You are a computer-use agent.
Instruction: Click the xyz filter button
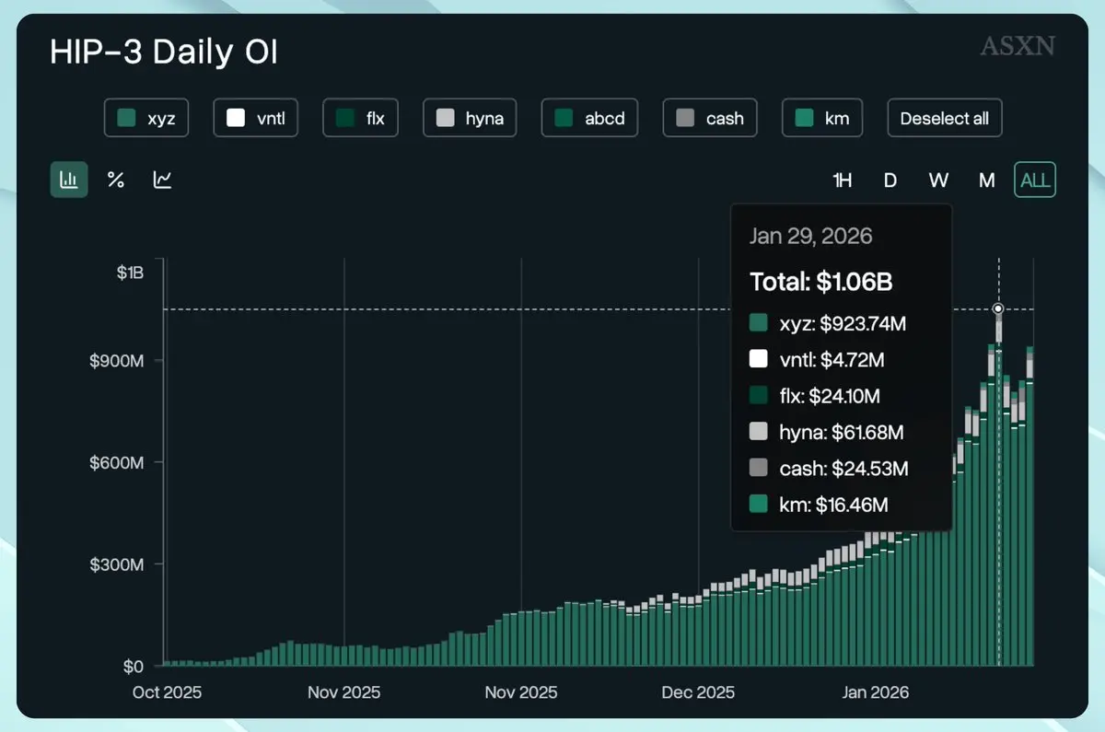click(x=146, y=118)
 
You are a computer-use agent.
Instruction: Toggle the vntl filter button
click(x=255, y=118)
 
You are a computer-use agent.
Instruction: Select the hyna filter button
click(x=470, y=118)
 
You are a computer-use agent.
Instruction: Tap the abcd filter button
click(x=590, y=118)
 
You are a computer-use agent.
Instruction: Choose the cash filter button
click(x=710, y=118)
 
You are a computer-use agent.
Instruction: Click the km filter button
click(x=822, y=118)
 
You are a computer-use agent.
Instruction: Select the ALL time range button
click(x=1035, y=180)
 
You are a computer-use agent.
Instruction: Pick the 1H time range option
click(x=842, y=180)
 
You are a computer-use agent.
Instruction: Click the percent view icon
click(x=116, y=180)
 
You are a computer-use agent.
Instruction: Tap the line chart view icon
click(x=163, y=180)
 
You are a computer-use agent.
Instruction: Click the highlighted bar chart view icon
click(x=69, y=180)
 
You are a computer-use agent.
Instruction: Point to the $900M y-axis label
click(x=116, y=360)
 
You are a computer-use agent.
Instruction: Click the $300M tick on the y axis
click(x=116, y=564)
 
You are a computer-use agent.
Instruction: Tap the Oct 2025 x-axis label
click(x=168, y=692)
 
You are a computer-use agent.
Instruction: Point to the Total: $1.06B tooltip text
click(x=820, y=282)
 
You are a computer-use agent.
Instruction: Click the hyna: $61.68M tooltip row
click(x=829, y=432)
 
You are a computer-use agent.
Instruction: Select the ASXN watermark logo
click(x=1017, y=46)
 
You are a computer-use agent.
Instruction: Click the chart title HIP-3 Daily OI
click(x=164, y=52)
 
